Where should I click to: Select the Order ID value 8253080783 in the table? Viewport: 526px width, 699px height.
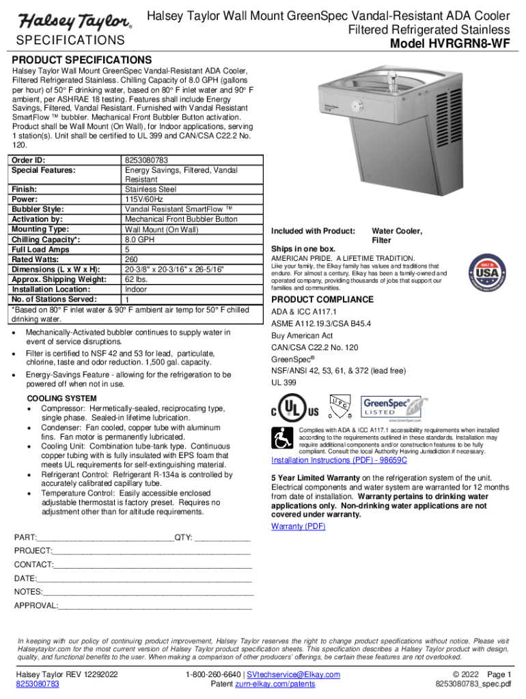pos(147,161)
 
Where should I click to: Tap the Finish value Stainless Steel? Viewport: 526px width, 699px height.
pos(151,189)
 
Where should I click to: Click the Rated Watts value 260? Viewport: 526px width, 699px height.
pos(132,259)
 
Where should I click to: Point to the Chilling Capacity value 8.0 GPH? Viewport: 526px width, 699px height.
pos(139,240)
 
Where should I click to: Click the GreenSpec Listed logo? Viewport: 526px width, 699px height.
pos(386,410)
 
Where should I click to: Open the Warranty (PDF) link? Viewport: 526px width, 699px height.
pos(298,526)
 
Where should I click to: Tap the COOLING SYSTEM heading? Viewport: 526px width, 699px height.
pos(61,399)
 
